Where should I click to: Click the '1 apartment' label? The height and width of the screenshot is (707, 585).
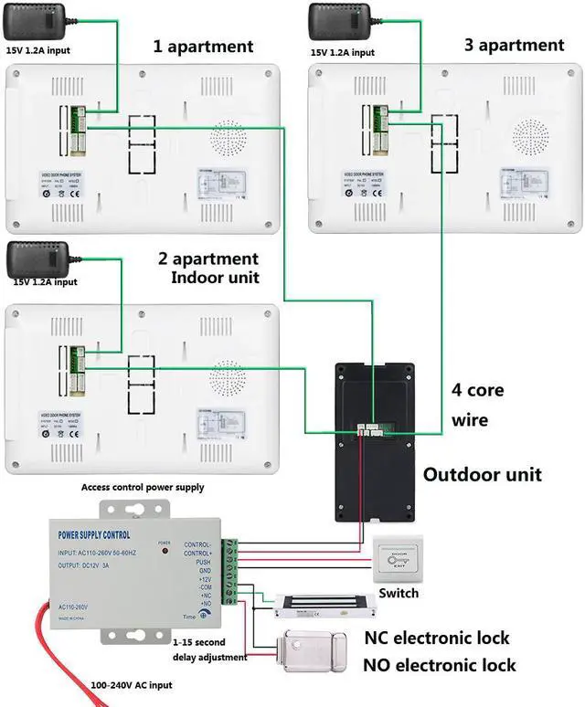(x=203, y=46)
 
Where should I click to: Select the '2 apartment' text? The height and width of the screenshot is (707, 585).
(x=208, y=259)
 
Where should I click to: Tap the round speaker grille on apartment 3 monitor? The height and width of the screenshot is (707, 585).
(x=530, y=138)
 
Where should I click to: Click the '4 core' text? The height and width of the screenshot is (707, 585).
(x=477, y=390)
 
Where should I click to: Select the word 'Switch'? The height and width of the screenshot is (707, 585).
(x=399, y=593)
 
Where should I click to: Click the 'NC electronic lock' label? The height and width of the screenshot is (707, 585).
(x=437, y=638)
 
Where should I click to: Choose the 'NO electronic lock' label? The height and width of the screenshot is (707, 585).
(x=440, y=665)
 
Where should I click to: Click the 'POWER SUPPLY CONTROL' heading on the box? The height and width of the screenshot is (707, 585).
(x=94, y=534)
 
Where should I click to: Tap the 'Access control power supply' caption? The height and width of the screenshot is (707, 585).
(x=143, y=487)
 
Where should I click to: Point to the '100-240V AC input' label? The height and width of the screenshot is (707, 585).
(x=131, y=684)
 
